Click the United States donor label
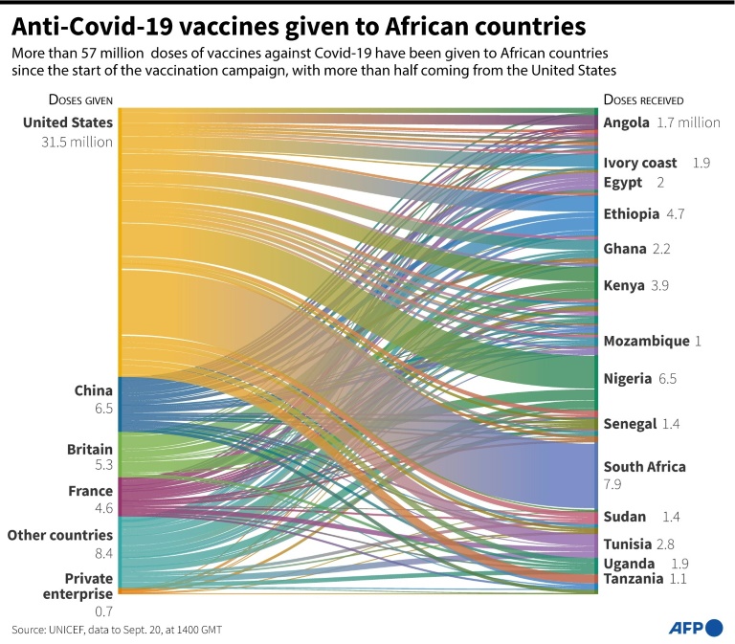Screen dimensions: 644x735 click(x=68, y=122)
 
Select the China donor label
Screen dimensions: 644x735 click(x=94, y=390)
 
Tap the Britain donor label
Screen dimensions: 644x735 click(x=90, y=449)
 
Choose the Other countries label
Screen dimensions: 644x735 click(x=60, y=535)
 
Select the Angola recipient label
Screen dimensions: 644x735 click(x=627, y=122)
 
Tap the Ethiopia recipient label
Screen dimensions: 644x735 click(x=632, y=213)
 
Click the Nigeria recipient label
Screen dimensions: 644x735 click(x=628, y=379)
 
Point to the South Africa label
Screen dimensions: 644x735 click(x=644, y=467)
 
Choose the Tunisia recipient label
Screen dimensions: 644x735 click(x=628, y=544)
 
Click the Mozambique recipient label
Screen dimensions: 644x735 click(x=646, y=341)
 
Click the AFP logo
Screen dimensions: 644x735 click(x=695, y=628)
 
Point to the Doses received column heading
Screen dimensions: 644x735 click(x=643, y=100)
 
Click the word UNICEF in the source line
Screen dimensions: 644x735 click(x=71, y=630)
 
